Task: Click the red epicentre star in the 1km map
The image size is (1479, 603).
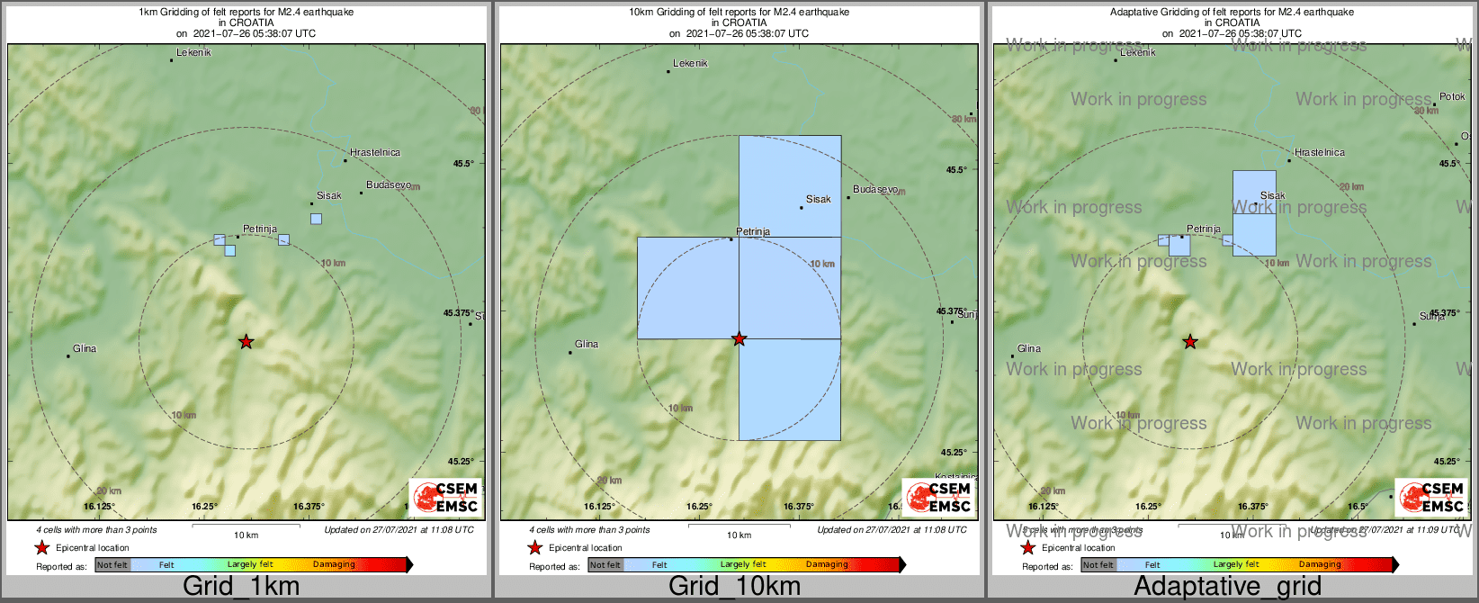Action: point(246,342)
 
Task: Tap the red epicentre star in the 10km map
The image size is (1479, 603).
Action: point(739,339)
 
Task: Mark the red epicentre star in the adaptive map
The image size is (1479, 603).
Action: point(1189,342)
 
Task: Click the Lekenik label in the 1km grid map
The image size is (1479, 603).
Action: point(193,53)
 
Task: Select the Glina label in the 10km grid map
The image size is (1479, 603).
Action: point(587,345)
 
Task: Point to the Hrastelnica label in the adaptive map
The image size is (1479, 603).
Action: point(1320,153)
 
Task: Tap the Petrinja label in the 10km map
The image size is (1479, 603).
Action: point(753,232)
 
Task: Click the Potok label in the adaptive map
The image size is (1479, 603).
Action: point(1452,97)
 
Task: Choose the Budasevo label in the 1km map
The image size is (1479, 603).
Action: point(389,185)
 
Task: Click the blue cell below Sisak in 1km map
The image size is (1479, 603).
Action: point(316,219)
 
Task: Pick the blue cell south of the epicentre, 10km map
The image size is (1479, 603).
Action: point(790,390)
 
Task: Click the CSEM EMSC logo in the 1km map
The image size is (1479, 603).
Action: point(445,496)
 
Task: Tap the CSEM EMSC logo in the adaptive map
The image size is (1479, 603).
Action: point(1431,496)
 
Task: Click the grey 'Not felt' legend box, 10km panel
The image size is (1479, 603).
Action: point(605,565)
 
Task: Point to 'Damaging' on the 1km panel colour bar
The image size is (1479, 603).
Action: point(334,565)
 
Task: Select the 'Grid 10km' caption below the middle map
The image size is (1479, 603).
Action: point(734,587)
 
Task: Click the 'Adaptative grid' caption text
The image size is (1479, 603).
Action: point(1227,587)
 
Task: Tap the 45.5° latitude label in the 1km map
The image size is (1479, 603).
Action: point(463,164)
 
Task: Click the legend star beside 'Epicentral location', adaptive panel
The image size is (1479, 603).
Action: point(1027,548)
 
